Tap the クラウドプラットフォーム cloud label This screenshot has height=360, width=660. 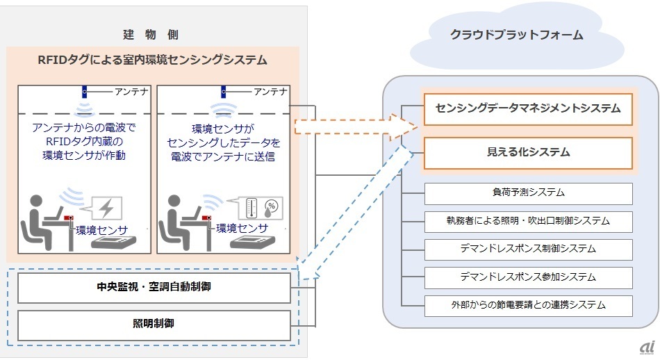[x=515, y=35]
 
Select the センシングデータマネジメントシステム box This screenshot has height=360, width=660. [x=527, y=108]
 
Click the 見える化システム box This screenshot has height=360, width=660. [x=527, y=152]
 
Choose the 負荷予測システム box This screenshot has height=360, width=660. [x=527, y=193]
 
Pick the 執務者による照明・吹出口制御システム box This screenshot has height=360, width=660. [x=527, y=221]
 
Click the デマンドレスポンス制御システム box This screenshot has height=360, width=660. [x=527, y=249]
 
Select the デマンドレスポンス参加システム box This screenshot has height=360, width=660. [x=527, y=277]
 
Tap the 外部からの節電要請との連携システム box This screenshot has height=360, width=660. [x=527, y=304]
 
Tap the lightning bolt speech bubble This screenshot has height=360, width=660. [x=102, y=208]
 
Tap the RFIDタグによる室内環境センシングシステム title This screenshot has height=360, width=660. [x=152, y=60]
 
